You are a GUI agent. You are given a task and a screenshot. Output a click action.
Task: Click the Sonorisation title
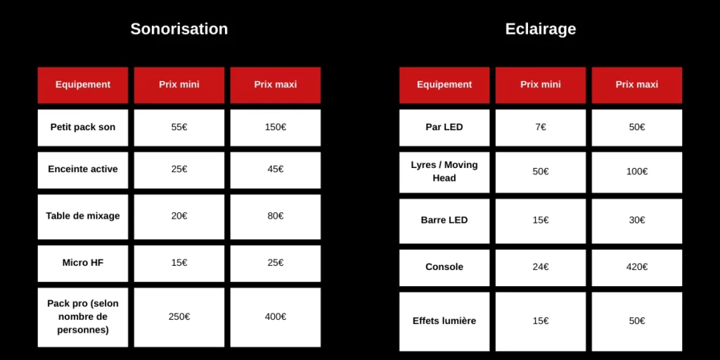coord(179,29)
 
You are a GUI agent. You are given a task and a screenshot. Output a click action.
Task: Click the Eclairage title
coord(541,29)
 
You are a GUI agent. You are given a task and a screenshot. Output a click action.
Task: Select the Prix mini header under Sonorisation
coord(179,84)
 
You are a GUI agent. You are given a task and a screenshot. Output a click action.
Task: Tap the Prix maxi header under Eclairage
coord(637,84)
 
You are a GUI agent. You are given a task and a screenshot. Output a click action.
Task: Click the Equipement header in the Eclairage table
coord(444,84)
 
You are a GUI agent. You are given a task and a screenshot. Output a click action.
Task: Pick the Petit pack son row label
coord(83,127)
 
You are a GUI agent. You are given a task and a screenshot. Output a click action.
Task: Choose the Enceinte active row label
coord(83,169)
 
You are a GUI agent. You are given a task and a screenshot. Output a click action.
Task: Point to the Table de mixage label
coord(83,216)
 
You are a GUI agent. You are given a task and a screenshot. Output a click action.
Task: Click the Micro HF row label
coord(83,263)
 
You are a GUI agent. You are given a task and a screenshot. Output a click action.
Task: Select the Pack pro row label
coord(83,317)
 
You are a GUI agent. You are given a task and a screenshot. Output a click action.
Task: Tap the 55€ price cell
coord(179,127)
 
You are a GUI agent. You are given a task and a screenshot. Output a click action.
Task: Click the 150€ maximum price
coord(276,127)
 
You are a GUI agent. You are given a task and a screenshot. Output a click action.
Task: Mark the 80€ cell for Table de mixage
coord(276,216)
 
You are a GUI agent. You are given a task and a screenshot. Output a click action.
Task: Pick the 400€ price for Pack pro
coord(276,317)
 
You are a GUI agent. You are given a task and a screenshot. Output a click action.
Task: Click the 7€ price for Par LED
coord(541,127)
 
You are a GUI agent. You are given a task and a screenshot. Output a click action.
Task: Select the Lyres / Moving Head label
coord(444,172)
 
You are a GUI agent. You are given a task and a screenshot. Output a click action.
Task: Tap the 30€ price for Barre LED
coord(637,220)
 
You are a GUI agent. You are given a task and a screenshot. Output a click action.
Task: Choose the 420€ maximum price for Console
coord(637,267)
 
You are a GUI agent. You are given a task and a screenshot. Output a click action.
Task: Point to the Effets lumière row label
coord(444,321)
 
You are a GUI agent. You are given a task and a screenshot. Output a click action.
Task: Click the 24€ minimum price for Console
coord(541,267)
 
